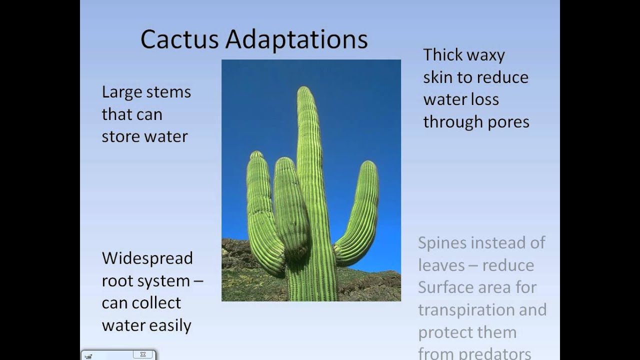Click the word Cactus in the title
(179, 39)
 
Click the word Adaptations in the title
(296, 40)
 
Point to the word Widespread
(147, 258)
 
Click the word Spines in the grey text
(442, 243)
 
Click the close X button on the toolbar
(143, 354)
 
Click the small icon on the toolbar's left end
(88, 356)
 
